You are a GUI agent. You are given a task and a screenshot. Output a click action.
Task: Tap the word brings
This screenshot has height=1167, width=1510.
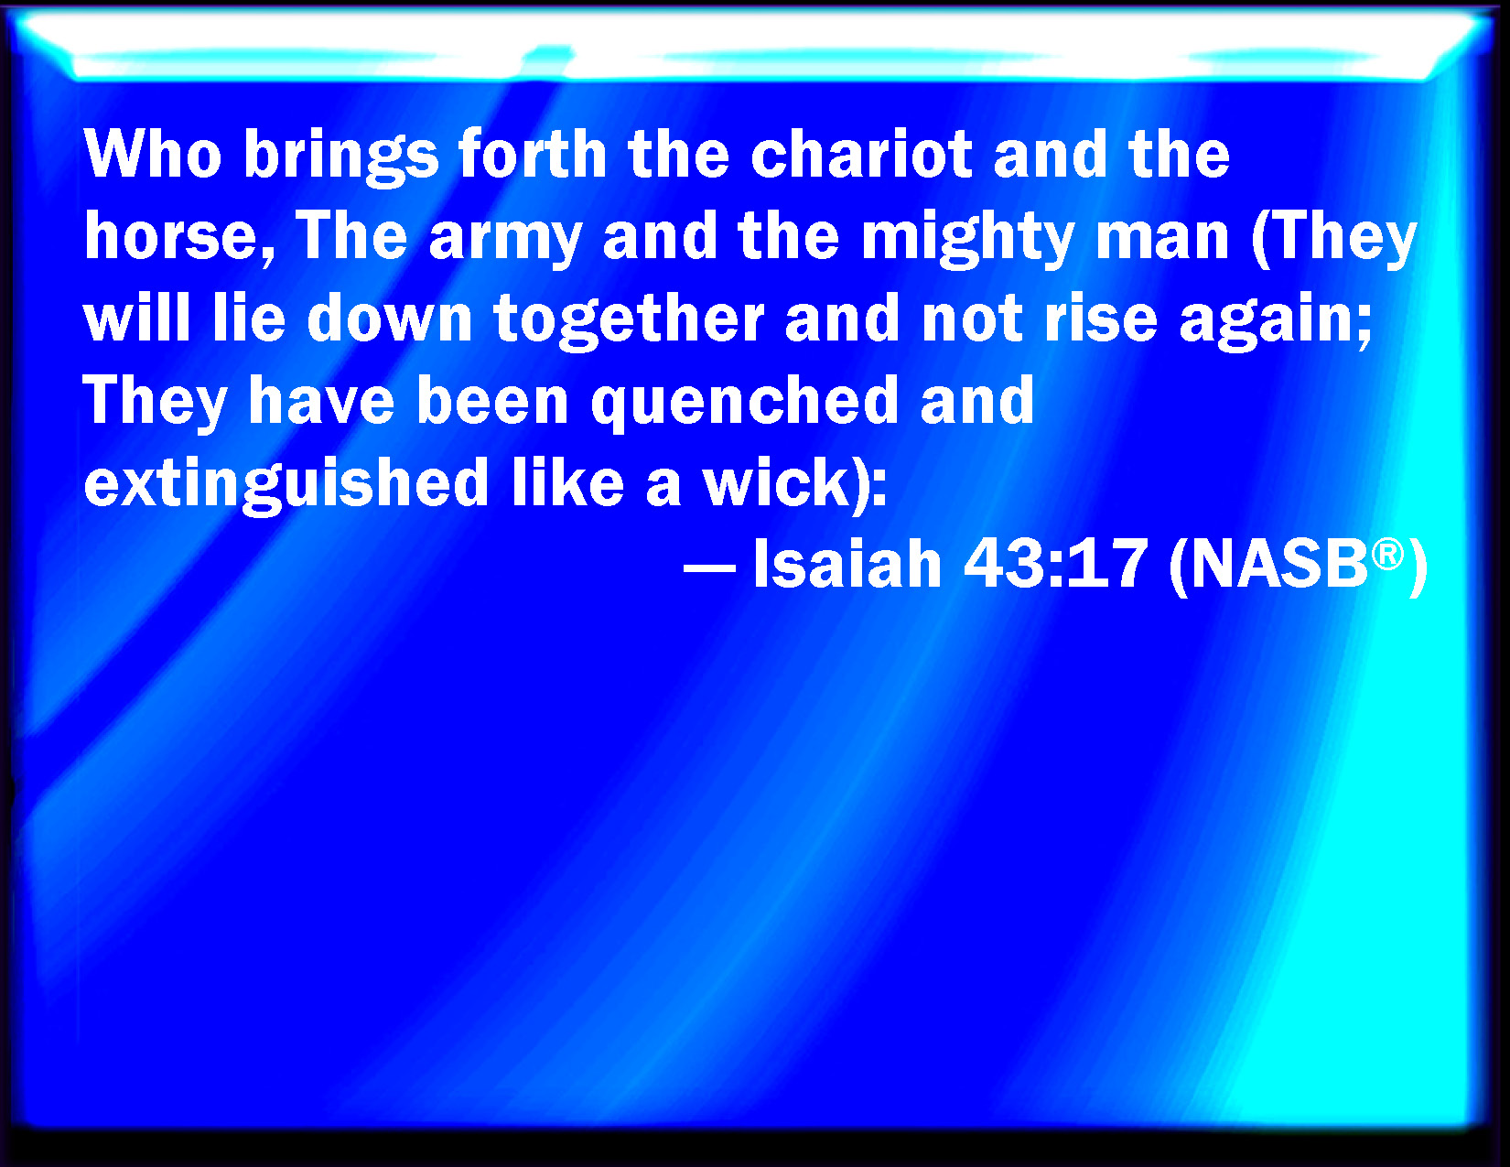340,157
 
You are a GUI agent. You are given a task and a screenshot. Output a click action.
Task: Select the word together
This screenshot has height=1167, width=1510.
629,322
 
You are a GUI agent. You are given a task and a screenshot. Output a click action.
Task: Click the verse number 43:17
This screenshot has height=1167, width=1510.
1055,565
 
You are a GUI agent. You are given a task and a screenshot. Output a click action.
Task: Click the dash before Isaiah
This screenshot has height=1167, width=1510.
709,567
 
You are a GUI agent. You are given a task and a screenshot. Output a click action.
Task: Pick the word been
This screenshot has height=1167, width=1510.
492,401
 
